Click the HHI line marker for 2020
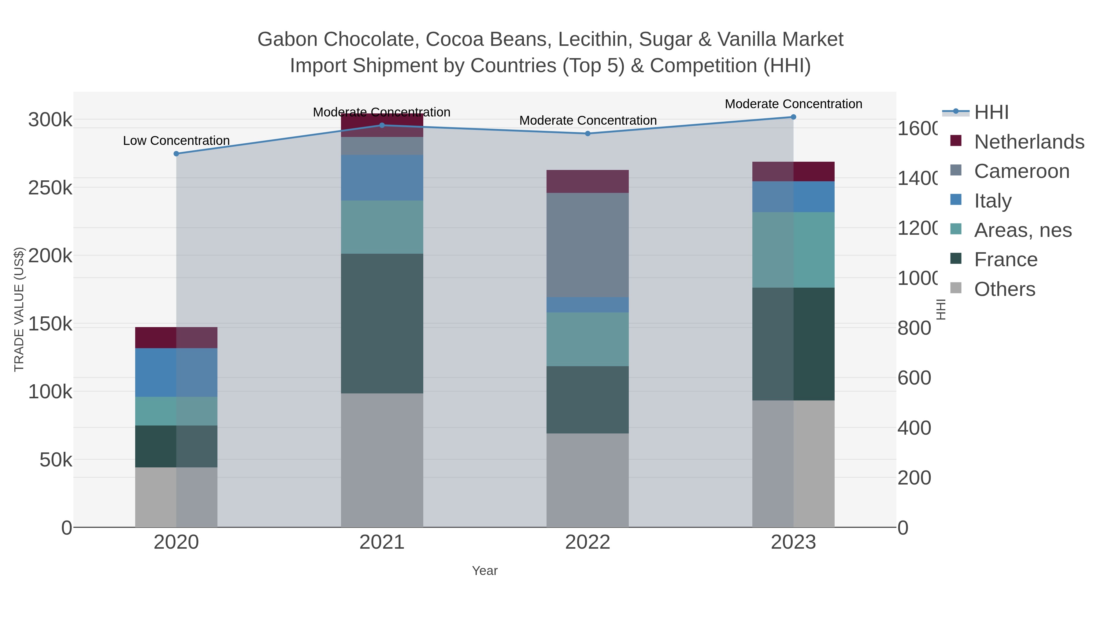(176, 154)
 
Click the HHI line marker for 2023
(793, 117)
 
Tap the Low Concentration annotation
(176, 141)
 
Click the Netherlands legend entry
(1029, 142)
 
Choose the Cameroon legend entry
(1021, 171)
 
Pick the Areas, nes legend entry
(1022, 230)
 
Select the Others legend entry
(1004, 289)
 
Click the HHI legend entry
(991, 112)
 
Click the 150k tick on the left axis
(50, 324)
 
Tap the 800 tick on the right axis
(914, 328)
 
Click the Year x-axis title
(485, 571)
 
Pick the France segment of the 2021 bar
(382, 323)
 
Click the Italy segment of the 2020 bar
(176, 373)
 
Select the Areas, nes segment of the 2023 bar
(793, 250)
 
